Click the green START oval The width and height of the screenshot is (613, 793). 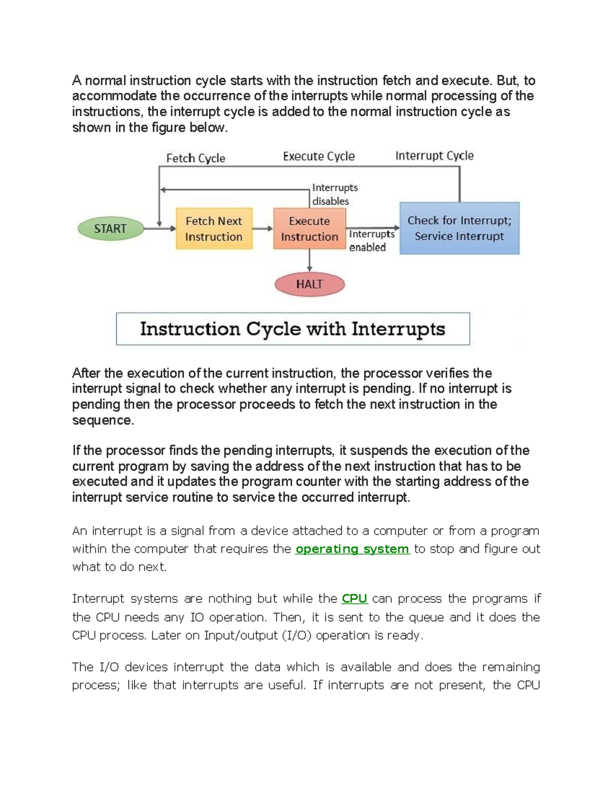click(110, 229)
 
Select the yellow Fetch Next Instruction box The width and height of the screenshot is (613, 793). click(214, 229)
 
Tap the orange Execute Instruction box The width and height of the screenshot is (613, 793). click(310, 229)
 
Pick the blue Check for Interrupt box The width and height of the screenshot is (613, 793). click(459, 228)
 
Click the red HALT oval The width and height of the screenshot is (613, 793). click(310, 284)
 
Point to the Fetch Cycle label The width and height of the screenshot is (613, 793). click(196, 158)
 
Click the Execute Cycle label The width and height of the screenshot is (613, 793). click(319, 156)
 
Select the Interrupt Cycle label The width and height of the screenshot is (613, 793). click(434, 156)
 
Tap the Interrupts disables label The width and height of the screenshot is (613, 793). click(335, 195)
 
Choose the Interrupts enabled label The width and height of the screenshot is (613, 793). click(371, 241)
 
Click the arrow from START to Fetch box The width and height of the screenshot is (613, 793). click(160, 229)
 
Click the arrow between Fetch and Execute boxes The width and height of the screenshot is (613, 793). click(263, 229)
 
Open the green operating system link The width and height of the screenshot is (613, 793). click(352, 549)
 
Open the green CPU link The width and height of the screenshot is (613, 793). click(355, 598)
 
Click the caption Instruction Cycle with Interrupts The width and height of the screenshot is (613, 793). click(293, 329)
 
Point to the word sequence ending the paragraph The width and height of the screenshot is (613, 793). click(103, 420)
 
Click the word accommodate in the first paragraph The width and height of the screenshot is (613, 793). click(114, 96)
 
